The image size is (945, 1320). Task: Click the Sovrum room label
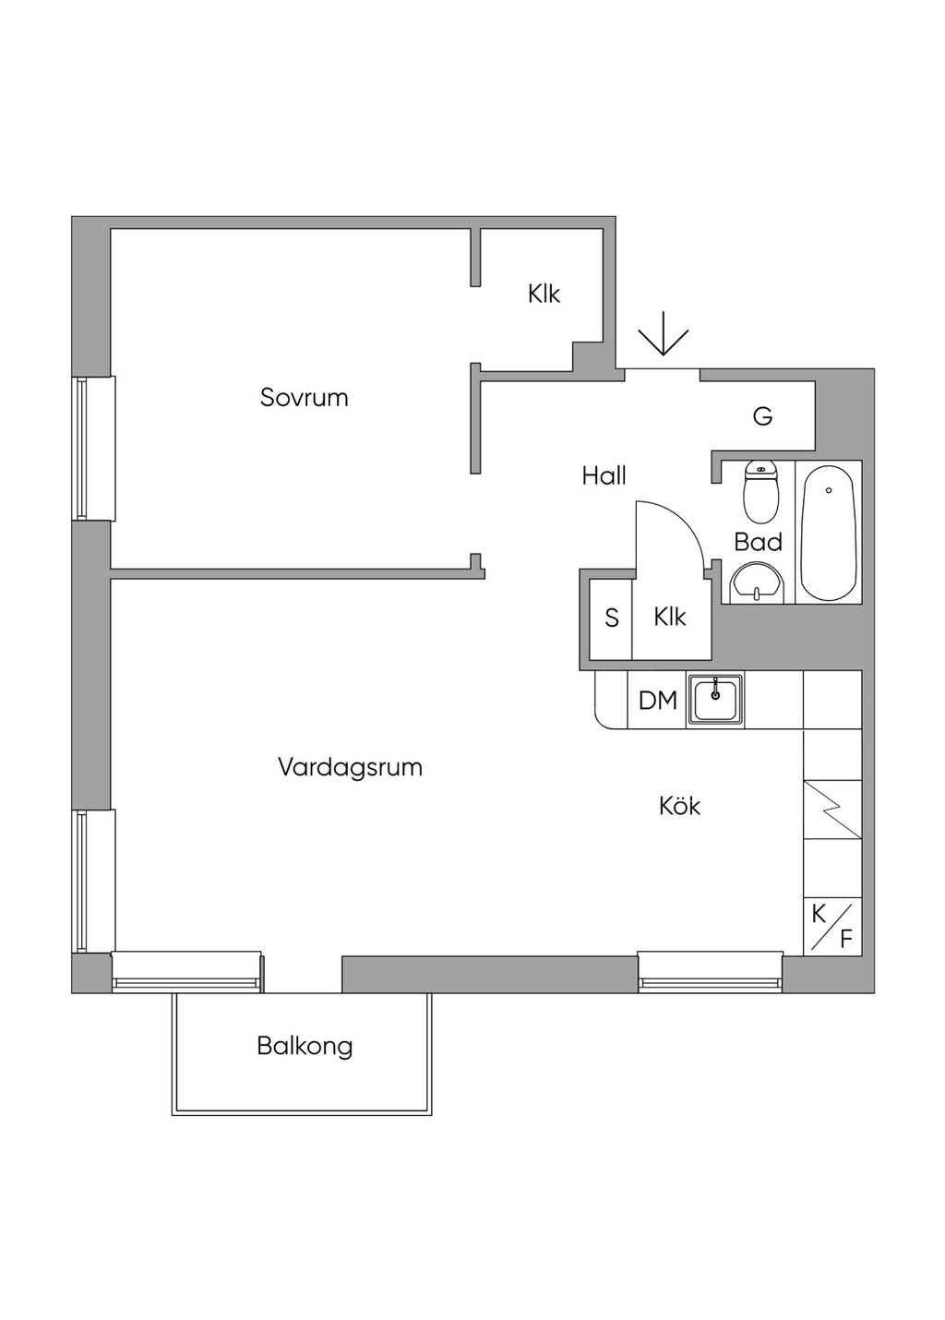tap(304, 398)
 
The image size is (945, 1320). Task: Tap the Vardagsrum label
tap(350, 767)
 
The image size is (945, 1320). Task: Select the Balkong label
tap(305, 1046)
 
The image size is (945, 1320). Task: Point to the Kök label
tap(679, 806)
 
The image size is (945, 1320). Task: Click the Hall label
tap(604, 475)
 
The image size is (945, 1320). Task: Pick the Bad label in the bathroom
tap(758, 542)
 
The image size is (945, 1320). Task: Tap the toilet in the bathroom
tap(761, 489)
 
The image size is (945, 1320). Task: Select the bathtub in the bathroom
tap(828, 532)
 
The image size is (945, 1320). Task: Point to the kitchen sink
tap(715, 698)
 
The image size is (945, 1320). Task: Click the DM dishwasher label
tap(657, 701)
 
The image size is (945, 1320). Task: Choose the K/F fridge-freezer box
tap(832, 926)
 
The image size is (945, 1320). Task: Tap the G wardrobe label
tap(762, 417)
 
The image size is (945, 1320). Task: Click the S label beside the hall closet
tap(611, 618)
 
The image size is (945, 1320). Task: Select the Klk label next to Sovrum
tap(544, 294)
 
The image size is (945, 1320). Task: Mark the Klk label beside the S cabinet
tap(670, 617)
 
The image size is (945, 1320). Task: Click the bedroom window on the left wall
tap(94, 448)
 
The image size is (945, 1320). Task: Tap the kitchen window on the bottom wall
tap(710, 971)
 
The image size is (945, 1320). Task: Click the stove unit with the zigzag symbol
tap(832, 810)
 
